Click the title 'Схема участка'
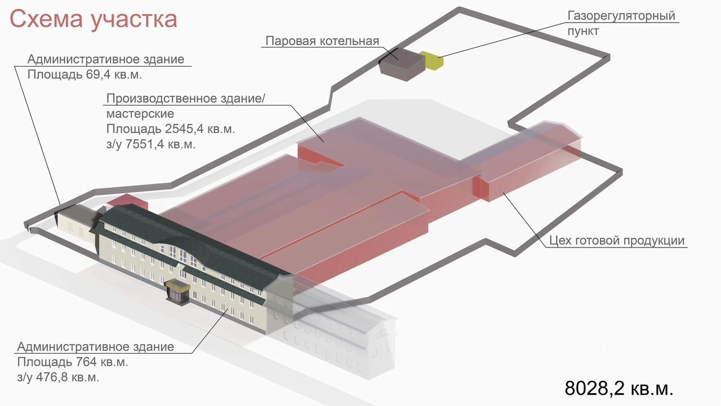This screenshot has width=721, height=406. pyautogui.click(x=94, y=19)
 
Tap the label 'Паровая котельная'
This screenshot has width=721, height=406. pyautogui.click(x=322, y=41)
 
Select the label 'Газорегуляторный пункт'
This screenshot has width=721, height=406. pyautogui.click(x=621, y=23)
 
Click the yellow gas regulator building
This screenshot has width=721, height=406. pyautogui.click(x=432, y=60)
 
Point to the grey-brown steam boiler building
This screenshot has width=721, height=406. pyautogui.click(x=401, y=63)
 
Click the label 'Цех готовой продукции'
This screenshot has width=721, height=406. pyautogui.click(x=617, y=241)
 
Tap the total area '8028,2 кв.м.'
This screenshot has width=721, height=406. pyautogui.click(x=618, y=388)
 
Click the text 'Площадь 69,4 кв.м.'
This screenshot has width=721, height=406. pyautogui.click(x=84, y=74)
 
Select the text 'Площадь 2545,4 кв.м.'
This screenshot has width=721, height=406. pyautogui.click(x=171, y=129)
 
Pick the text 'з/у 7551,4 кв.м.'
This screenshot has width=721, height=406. pyautogui.click(x=150, y=144)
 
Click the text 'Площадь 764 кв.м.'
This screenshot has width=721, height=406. pyautogui.click(x=73, y=361)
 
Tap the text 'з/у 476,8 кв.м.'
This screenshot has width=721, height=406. pyautogui.click(x=62, y=377)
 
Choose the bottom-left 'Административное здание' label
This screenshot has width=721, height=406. pyautogui.click(x=95, y=346)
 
